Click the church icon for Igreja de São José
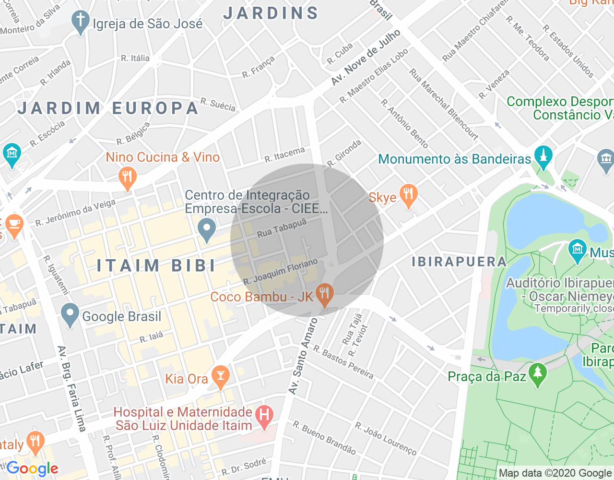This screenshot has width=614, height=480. coord(80,22)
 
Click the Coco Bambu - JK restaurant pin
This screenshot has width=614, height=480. coord(325,294)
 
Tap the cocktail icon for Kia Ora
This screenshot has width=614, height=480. coord(221,377)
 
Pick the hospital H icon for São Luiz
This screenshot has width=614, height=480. coord(264,417)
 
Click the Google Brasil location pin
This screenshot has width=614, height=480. coord(70,315)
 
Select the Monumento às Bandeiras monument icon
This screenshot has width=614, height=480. coord(543,157)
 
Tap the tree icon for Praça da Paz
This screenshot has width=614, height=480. coord(538,374)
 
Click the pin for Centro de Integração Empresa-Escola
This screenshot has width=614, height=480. coord(207,229)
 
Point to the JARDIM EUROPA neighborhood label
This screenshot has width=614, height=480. coord(108,108)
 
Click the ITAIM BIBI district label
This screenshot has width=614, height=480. coord(156,265)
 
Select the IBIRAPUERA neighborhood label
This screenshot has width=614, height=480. coord(459,262)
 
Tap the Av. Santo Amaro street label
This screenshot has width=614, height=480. coord(303,356)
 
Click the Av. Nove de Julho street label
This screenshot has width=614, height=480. coord(366,58)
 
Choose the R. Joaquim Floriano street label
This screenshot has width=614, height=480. coord(281,272)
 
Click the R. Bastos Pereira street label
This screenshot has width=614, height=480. coord(343,362)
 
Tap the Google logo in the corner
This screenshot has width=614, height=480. coord(33,468)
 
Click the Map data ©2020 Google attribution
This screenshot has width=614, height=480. coord(555,473)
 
